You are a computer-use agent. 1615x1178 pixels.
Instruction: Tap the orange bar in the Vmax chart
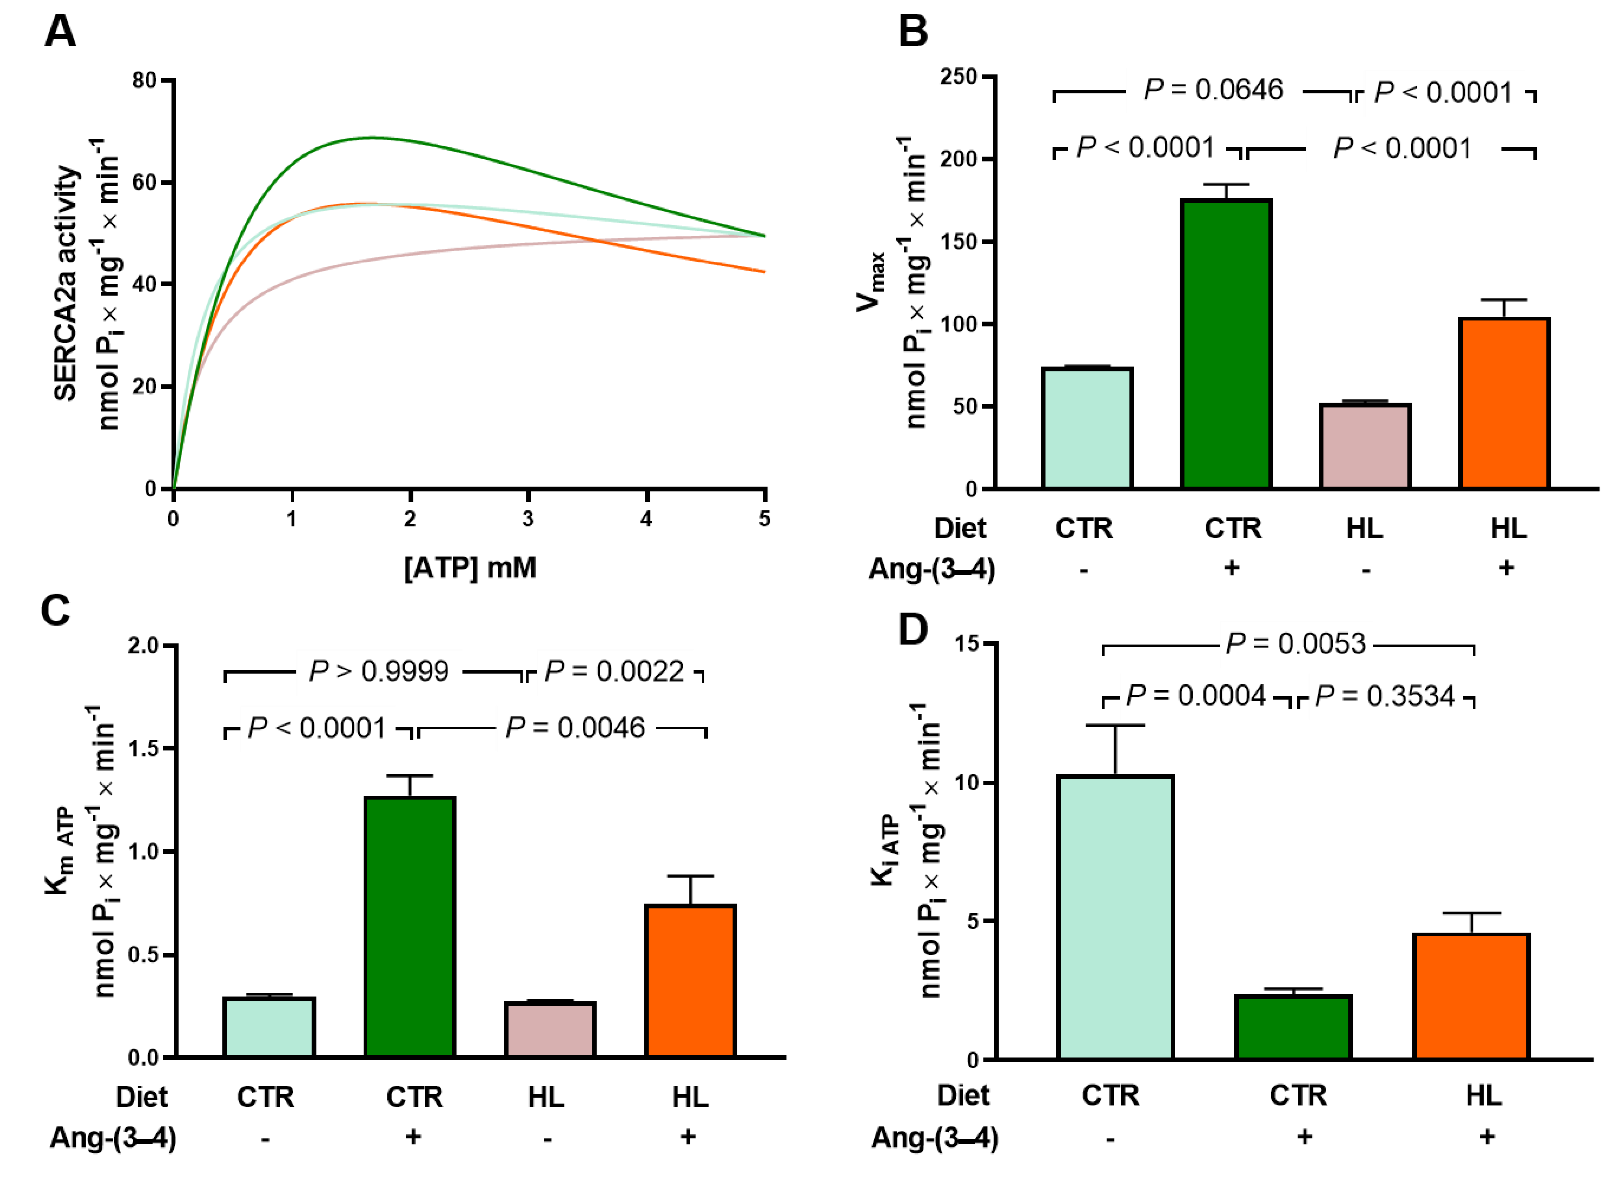pyautogui.click(x=1504, y=403)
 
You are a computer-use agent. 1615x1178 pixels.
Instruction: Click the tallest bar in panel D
pyautogui.click(x=1115, y=917)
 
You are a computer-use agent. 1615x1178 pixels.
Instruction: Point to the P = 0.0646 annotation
pyautogui.click(x=1213, y=90)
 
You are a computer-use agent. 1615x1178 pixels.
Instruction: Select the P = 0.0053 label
pyautogui.click(x=1296, y=644)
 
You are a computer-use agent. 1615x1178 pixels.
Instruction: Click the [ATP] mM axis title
pyautogui.click(x=469, y=568)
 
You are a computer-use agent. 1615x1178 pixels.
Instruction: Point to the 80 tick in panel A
pyautogui.click(x=145, y=80)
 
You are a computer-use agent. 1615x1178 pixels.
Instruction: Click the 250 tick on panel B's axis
pyautogui.click(x=958, y=76)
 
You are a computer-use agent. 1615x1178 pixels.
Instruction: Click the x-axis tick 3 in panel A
pyautogui.click(x=528, y=519)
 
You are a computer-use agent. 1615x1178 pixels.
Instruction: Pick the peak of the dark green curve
pyautogui.click(x=371, y=137)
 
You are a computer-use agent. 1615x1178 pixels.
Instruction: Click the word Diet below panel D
pyautogui.click(x=962, y=1095)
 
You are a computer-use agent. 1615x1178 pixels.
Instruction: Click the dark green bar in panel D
pyautogui.click(x=1293, y=1028)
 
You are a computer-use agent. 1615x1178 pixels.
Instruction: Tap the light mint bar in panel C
pyautogui.click(x=269, y=1027)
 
